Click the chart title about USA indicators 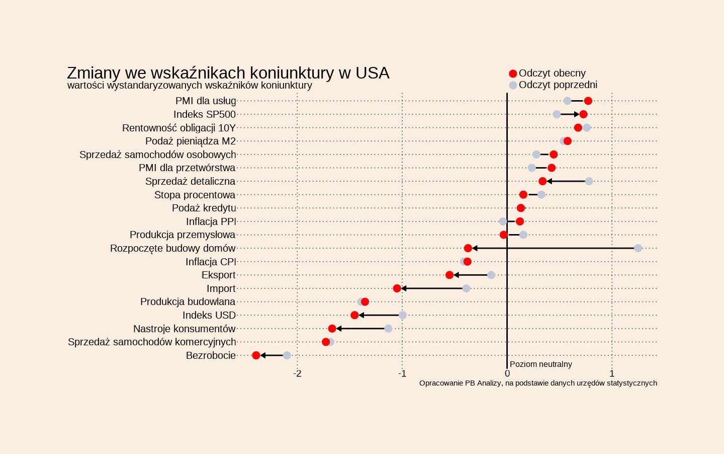coord(228,73)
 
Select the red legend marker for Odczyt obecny coord(513,73)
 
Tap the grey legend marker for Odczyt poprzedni coord(513,85)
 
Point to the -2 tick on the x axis coord(297,373)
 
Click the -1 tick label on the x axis coord(402,373)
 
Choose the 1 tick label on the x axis coord(612,373)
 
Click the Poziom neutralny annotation coord(540,364)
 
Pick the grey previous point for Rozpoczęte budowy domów coord(638,248)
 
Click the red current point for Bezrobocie coord(256,355)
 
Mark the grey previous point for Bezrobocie coord(287,355)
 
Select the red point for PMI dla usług coord(588,101)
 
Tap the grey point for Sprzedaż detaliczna coord(589,181)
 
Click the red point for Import coord(397,288)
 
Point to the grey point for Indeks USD coord(402,315)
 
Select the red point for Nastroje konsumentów coord(332,329)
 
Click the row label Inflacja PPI coord(211,221)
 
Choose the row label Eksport coord(218,275)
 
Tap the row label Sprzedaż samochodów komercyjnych coord(152,342)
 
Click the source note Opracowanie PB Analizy coord(538,383)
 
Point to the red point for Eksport coord(449,275)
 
